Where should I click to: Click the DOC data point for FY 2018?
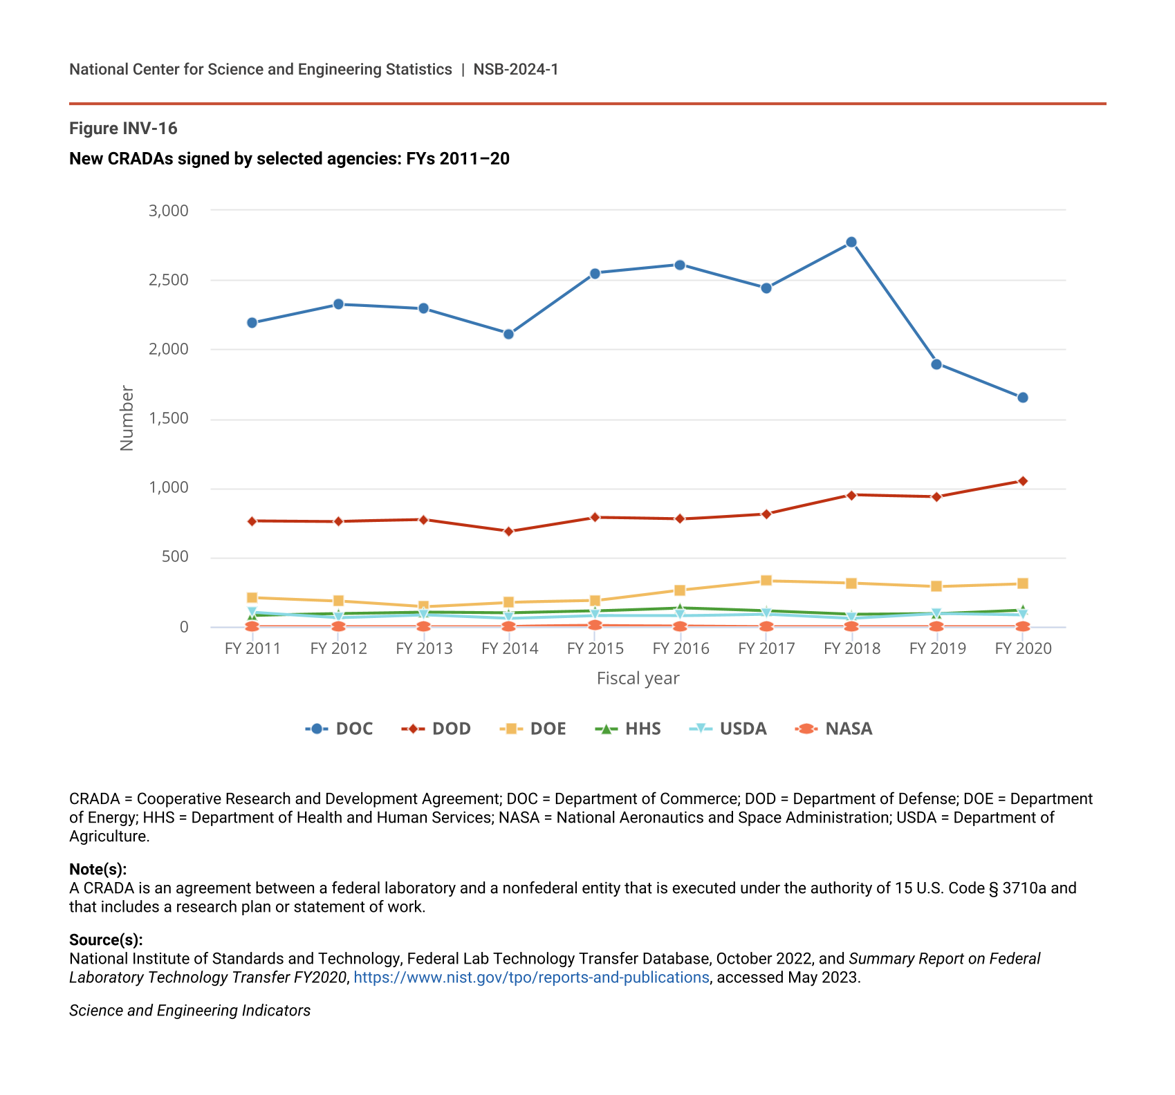tap(851, 243)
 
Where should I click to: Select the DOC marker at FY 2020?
tap(1022, 397)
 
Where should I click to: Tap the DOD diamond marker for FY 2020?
tap(1022, 481)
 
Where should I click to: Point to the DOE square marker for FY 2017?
tap(766, 581)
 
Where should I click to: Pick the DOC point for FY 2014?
tap(508, 335)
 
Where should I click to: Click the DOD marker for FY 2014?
tap(508, 532)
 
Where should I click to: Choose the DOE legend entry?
tap(533, 729)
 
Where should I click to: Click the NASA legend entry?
tap(835, 729)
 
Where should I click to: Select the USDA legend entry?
tap(729, 729)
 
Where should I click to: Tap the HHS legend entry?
tap(628, 729)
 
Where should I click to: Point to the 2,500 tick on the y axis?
tap(169, 280)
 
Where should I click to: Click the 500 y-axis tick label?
tap(175, 557)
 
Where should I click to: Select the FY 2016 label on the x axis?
tap(681, 648)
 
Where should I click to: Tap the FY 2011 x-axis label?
tap(252, 648)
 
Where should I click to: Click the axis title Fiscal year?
tap(638, 679)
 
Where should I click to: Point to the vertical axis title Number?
tap(127, 418)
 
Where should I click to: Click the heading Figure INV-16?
tap(123, 129)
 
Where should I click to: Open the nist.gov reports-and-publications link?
tap(531, 977)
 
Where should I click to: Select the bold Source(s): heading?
tap(106, 939)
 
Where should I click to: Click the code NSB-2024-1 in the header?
tap(515, 69)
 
